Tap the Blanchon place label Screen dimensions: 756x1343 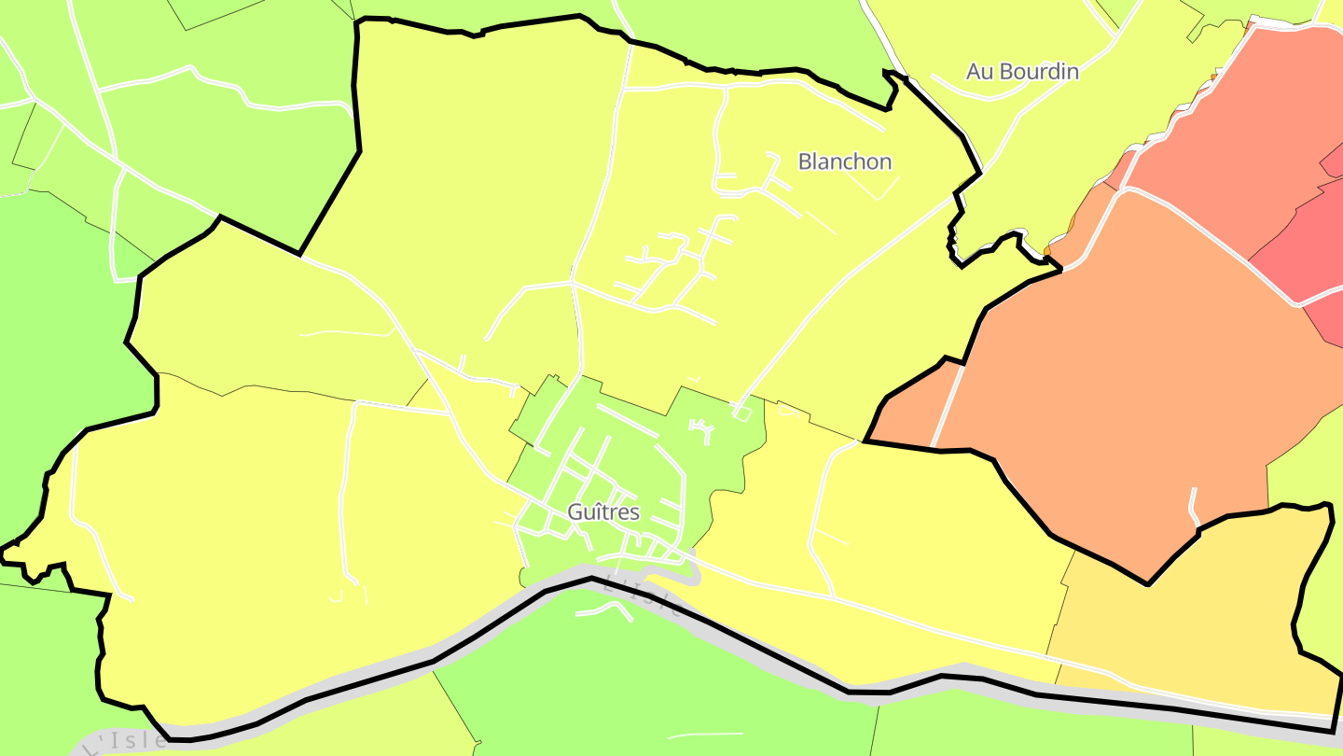[845, 161]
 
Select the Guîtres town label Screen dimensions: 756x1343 [603, 511]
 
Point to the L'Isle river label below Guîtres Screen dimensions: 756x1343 [644, 598]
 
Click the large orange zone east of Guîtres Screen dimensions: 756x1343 [1119, 373]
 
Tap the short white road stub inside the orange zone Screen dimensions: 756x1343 [1193, 505]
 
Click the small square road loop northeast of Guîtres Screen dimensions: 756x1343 [742, 412]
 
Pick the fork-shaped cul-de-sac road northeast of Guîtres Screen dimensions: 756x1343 [702, 430]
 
